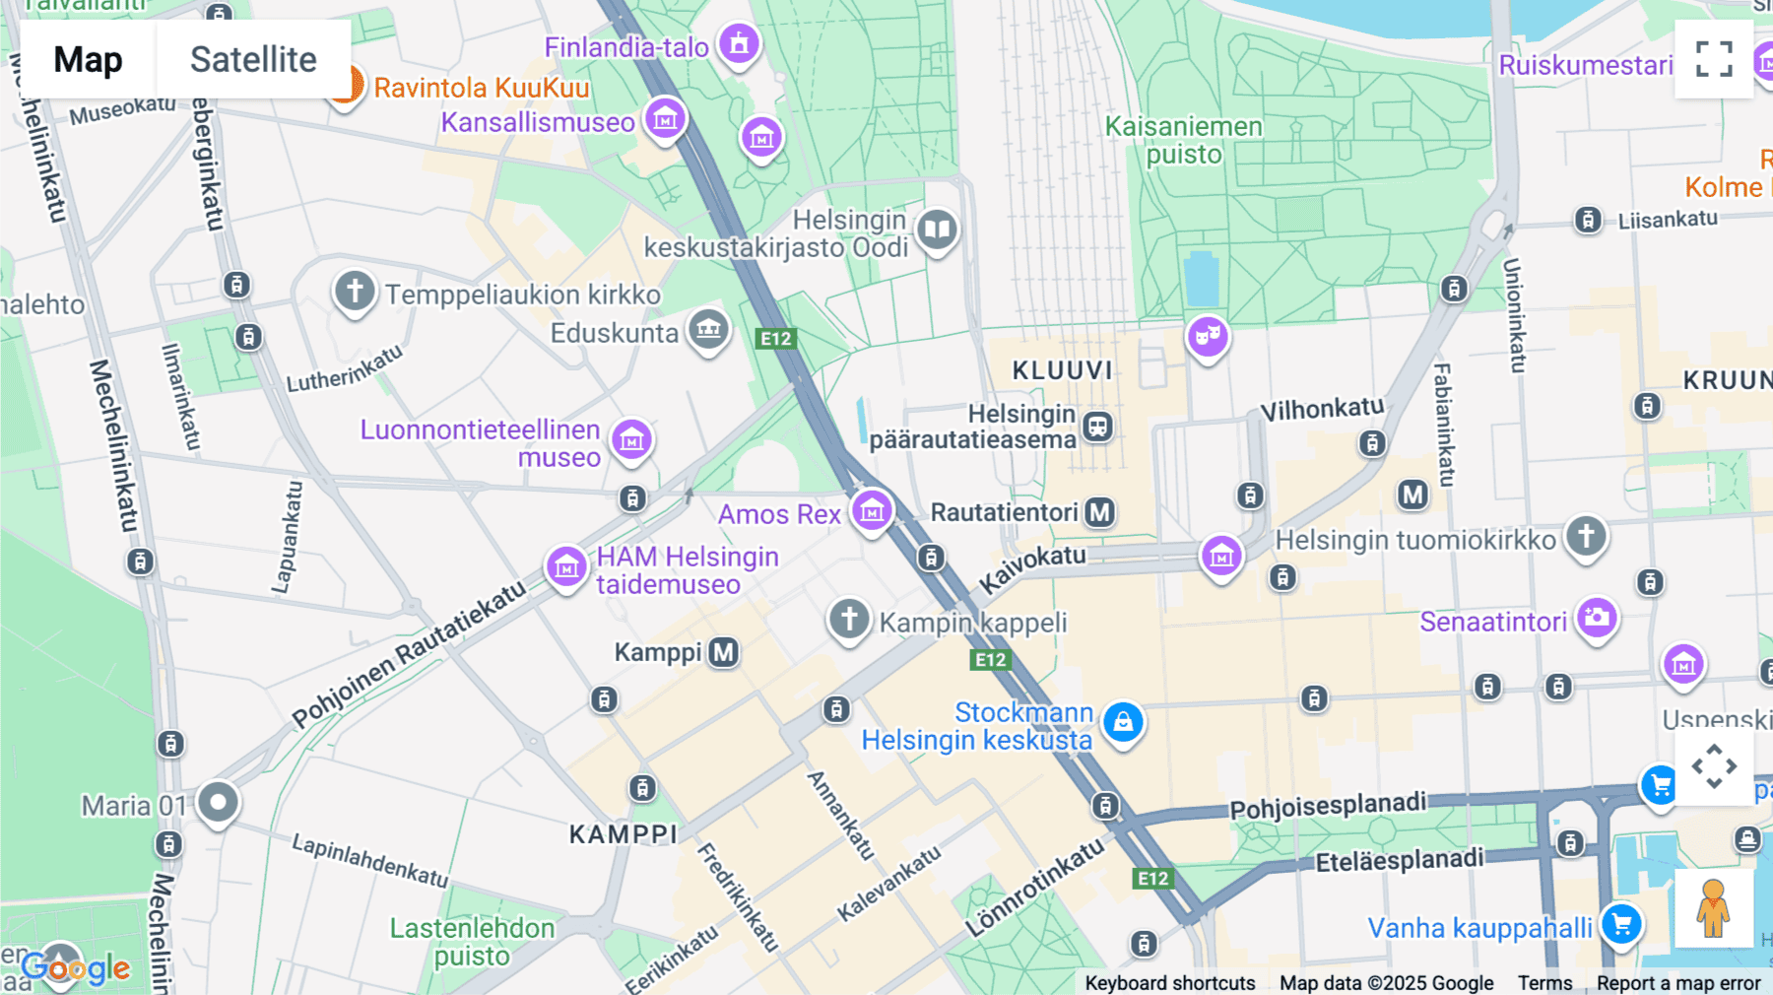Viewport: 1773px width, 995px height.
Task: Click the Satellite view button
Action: (253, 60)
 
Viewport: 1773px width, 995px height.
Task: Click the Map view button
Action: (88, 60)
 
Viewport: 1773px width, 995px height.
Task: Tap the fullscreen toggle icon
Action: (1714, 59)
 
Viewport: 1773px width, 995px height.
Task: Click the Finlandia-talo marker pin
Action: (739, 43)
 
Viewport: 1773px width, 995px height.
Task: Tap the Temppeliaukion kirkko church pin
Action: (355, 292)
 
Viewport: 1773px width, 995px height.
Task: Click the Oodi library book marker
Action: (937, 231)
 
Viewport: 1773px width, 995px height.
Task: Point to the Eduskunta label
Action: (614, 333)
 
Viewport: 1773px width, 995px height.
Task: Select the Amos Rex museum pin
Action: (872, 511)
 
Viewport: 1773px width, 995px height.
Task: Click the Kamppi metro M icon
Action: (724, 652)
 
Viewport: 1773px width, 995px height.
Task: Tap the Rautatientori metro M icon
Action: (1099, 512)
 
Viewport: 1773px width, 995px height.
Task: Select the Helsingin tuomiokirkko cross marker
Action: (1586, 537)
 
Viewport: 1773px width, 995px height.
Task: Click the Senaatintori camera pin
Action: (1597, 619)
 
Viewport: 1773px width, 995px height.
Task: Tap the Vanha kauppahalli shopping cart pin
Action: (1621, 924)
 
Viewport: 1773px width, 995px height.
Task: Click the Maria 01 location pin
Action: (218, 802)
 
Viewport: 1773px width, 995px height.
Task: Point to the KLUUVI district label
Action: (1062, 370)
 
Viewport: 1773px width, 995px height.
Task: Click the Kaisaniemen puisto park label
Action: (1183, 140)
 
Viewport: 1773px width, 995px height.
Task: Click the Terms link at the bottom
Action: (1544, 982)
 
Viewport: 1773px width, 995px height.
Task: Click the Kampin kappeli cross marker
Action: (849, 620)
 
